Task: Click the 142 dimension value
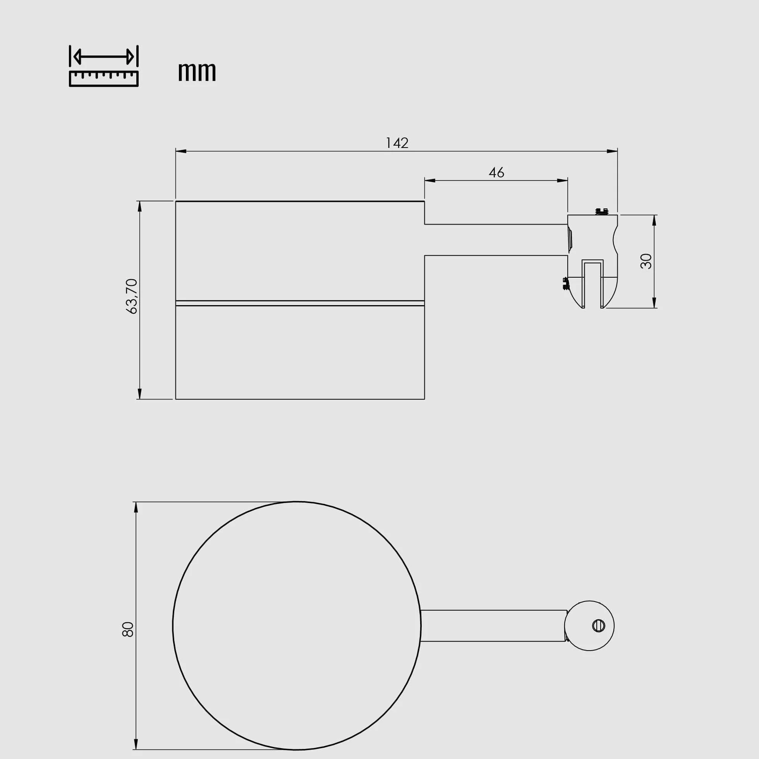pyautogui.click(x=397, y=143)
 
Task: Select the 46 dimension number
pyautogui.click(x=496, y=172)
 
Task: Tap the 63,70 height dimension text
pyautogui.click(x=132, y=296)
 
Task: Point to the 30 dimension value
pyautogui.click(x=646, y=261)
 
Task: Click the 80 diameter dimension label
pyautogui.click(x=128, y=629)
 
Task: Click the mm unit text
pyautogui.click(x=197, y=72)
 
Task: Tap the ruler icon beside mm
pyautogui.click(x=104, y=66)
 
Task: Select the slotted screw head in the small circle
pyautogui.click(x=598, y=626)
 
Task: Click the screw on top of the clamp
pyautogui.click(x=602, y=212)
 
